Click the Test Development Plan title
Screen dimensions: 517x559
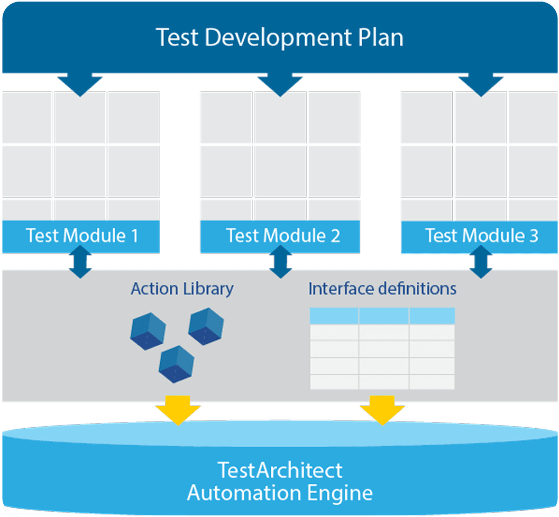[279, 38]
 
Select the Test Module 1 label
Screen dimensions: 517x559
[82, 235]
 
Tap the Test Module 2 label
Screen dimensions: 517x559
[283, 235]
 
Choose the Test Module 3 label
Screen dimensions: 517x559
[482, 235]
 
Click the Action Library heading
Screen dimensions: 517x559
[182, 289]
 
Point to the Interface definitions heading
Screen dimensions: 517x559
[382, 289]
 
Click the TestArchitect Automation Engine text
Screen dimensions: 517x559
[280, 481]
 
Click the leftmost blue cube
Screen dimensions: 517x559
[148, 331]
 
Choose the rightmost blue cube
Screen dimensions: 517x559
[206, 326]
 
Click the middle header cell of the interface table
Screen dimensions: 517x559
[383, 316]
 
